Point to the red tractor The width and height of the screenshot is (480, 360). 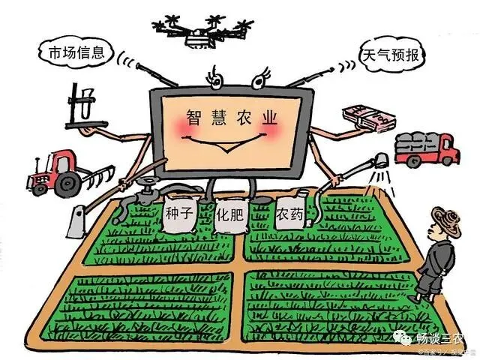click(x=60, y=173)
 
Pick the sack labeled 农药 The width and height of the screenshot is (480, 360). click(x=290, y=214)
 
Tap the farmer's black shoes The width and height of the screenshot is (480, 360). click(x=428, y=296)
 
